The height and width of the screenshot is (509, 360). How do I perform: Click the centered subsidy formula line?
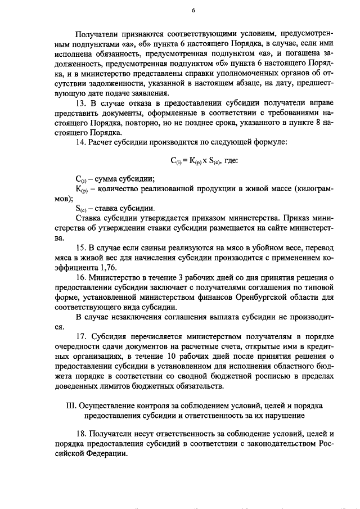(204, 160)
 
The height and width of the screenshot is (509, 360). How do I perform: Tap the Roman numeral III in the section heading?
(72, 406)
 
